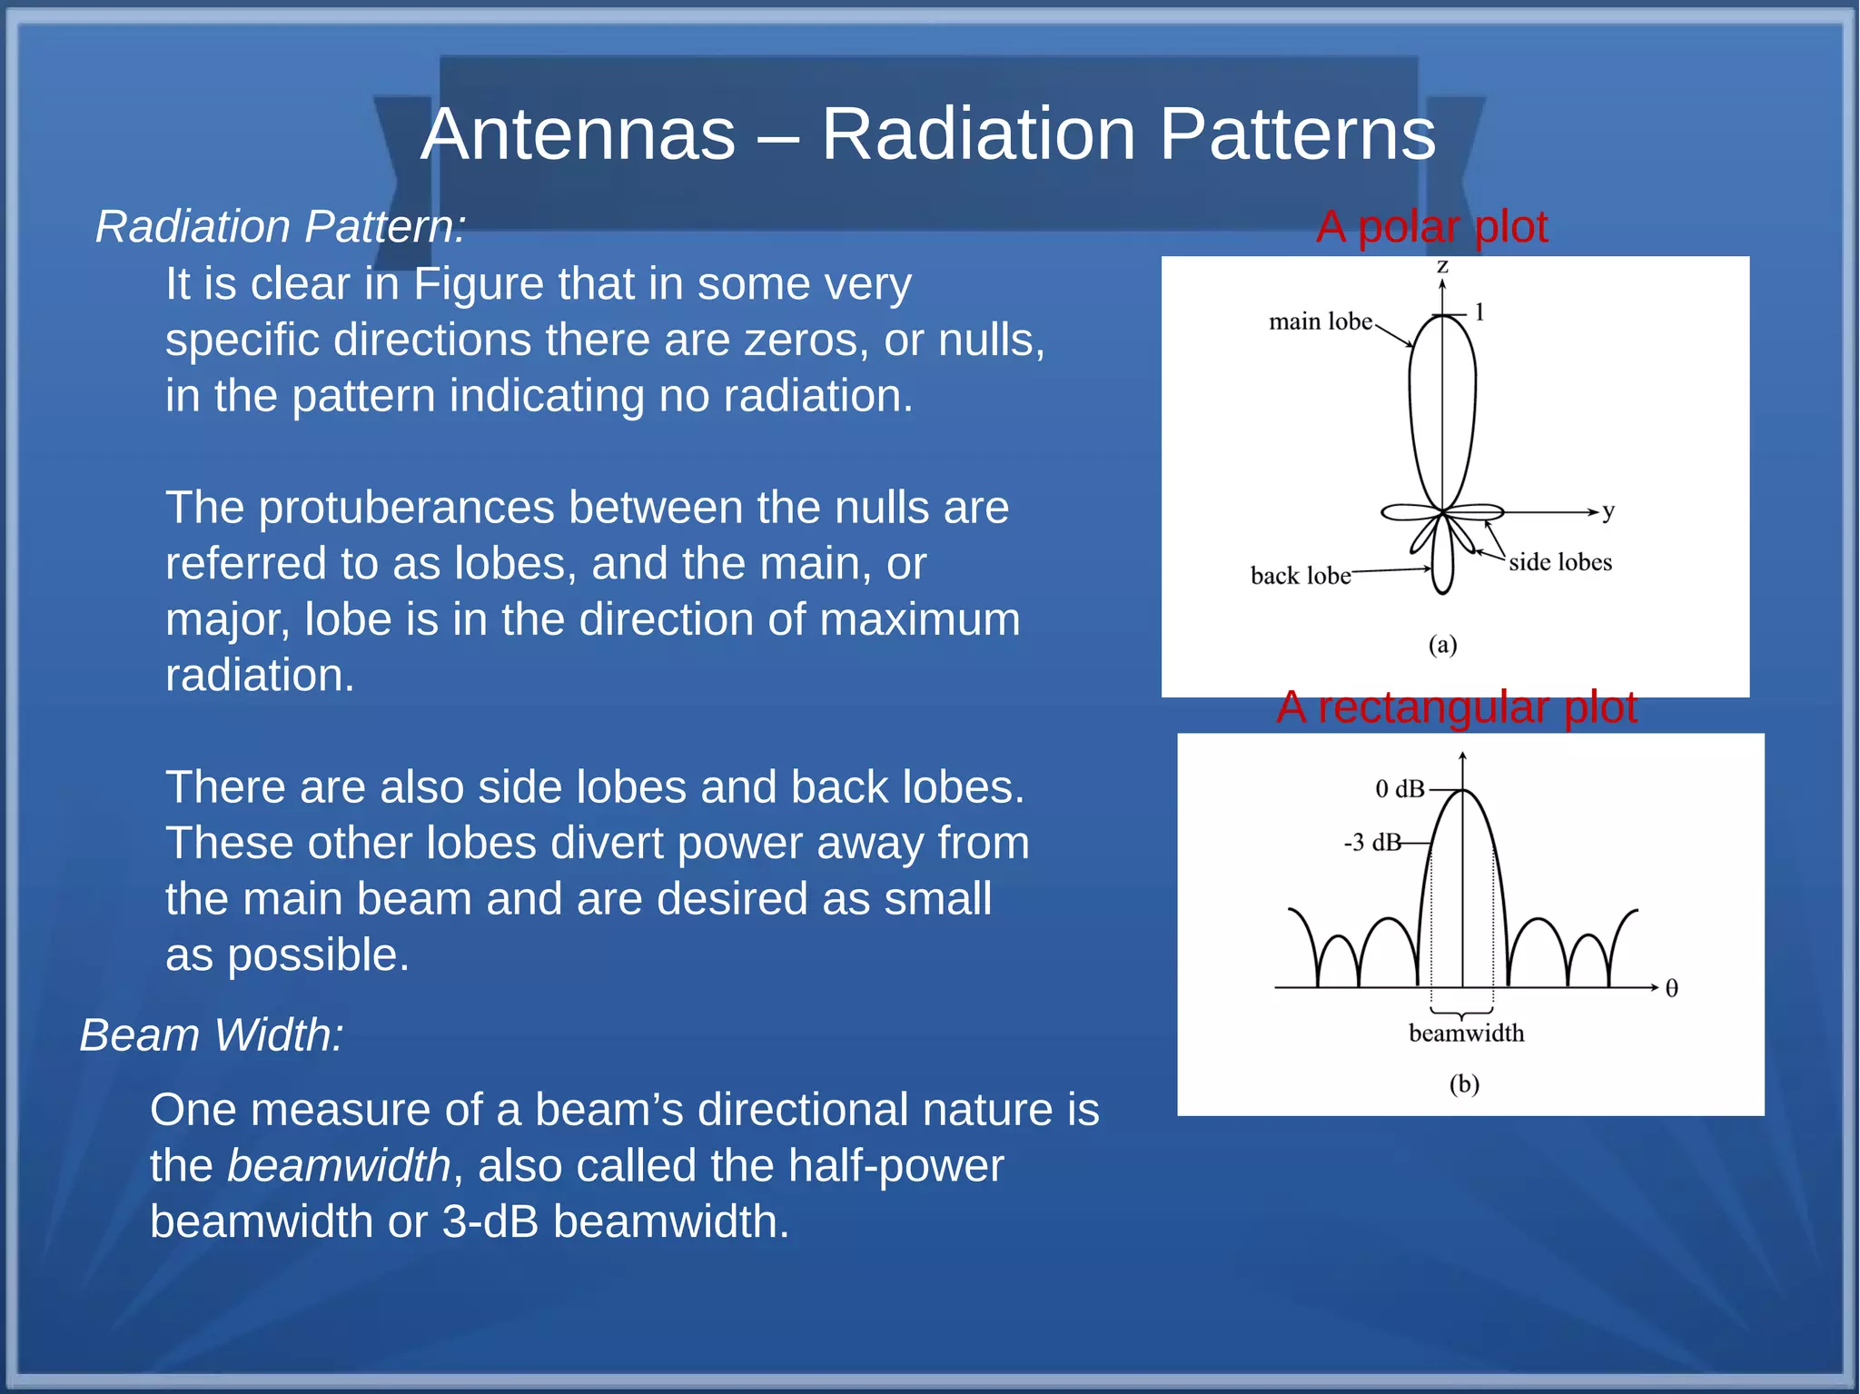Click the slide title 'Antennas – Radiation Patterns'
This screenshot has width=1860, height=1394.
click(928, 134)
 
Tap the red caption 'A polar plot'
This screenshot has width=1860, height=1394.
click(1431, 227)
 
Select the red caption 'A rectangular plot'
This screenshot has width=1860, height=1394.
click(1456, 707)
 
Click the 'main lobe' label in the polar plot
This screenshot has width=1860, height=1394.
click(1320, 321)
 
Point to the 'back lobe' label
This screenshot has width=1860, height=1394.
click(1300, 576)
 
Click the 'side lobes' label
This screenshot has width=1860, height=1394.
click(1560, 562)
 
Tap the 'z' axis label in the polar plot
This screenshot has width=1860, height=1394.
click(1442, 266)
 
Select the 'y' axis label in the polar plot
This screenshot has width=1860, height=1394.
click(1608, 510)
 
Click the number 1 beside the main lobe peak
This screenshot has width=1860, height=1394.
click(1479, 312)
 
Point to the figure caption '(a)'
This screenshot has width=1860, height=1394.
click(1442, 645)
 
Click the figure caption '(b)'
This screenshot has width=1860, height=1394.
click(1464, 1083)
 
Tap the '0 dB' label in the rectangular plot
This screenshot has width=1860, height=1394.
click(1400, 788)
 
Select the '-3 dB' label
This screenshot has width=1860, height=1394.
click(1372, 843)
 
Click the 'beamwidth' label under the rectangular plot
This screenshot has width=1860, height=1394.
click(1466, 1033)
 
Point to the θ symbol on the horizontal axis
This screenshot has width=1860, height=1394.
click(1671, 988)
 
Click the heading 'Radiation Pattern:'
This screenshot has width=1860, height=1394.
click(281, 226)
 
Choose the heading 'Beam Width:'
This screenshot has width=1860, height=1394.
click(212, 1034)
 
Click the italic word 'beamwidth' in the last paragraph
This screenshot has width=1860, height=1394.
click(338, 1165)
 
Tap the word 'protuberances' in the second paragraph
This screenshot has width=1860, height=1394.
click(407, 507)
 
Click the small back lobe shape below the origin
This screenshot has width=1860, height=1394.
click(1442, 563)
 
